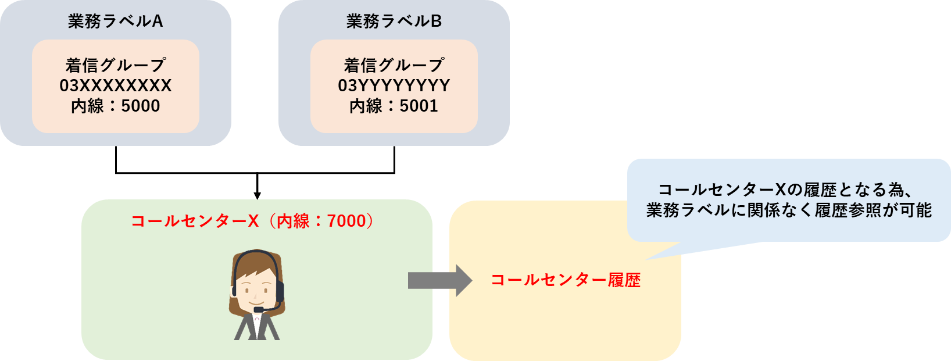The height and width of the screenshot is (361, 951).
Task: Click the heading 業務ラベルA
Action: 116,22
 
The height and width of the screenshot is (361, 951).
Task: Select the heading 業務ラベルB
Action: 394,22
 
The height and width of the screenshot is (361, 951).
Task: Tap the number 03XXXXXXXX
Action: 116,86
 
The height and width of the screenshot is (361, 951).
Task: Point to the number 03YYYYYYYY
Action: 394,86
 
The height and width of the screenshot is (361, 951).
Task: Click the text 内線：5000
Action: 116,106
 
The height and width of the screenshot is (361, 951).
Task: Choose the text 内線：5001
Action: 394,106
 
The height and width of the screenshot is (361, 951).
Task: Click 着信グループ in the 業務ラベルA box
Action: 116,65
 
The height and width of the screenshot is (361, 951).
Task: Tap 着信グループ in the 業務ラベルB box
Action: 394,65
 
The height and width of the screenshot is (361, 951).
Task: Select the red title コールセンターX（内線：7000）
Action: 255,221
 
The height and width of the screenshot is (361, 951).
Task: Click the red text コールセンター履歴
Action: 566,280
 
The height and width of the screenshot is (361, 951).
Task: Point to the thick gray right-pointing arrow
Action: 440,280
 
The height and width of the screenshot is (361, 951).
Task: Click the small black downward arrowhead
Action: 258,196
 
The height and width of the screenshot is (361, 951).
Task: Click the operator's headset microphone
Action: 259,309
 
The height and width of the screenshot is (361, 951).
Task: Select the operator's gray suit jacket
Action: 257,327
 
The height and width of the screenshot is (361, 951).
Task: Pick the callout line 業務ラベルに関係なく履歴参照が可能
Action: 789,210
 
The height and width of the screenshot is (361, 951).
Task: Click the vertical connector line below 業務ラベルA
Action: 116,160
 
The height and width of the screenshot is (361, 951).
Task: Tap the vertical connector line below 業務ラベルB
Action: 395,160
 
